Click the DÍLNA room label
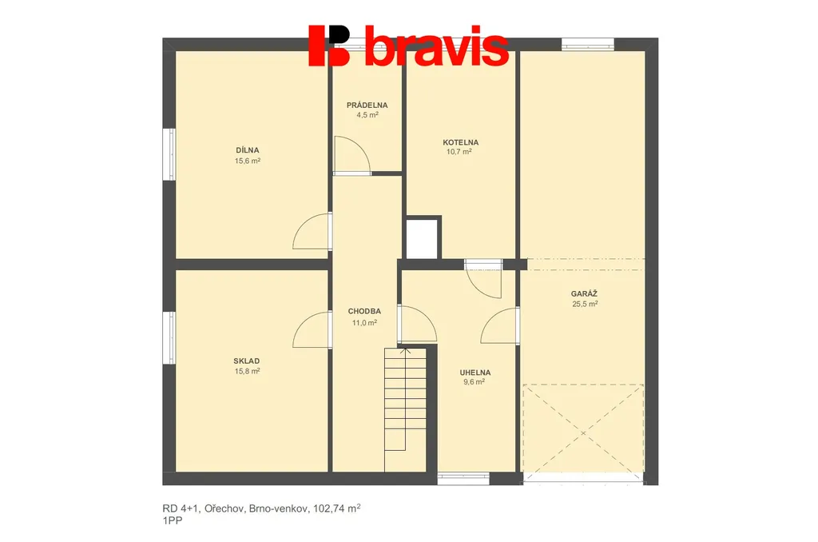[248, 150]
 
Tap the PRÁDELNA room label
[367, 105]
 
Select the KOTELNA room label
[461, 142]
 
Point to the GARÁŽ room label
[584, 293]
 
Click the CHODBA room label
[364, 311]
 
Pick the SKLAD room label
[247, 361]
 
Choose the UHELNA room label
[475, 373]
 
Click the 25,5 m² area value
[585, 304]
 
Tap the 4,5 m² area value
[367, 115]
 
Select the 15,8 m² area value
[248, 371]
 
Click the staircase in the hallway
[405, 409]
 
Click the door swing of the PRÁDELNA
[352, 155]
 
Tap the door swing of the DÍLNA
[313, 231]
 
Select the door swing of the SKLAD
[313, 330]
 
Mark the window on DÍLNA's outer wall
[169, 154]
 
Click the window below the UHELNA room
[463, 478]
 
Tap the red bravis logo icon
[329, 46]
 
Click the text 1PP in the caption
[173, 520]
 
